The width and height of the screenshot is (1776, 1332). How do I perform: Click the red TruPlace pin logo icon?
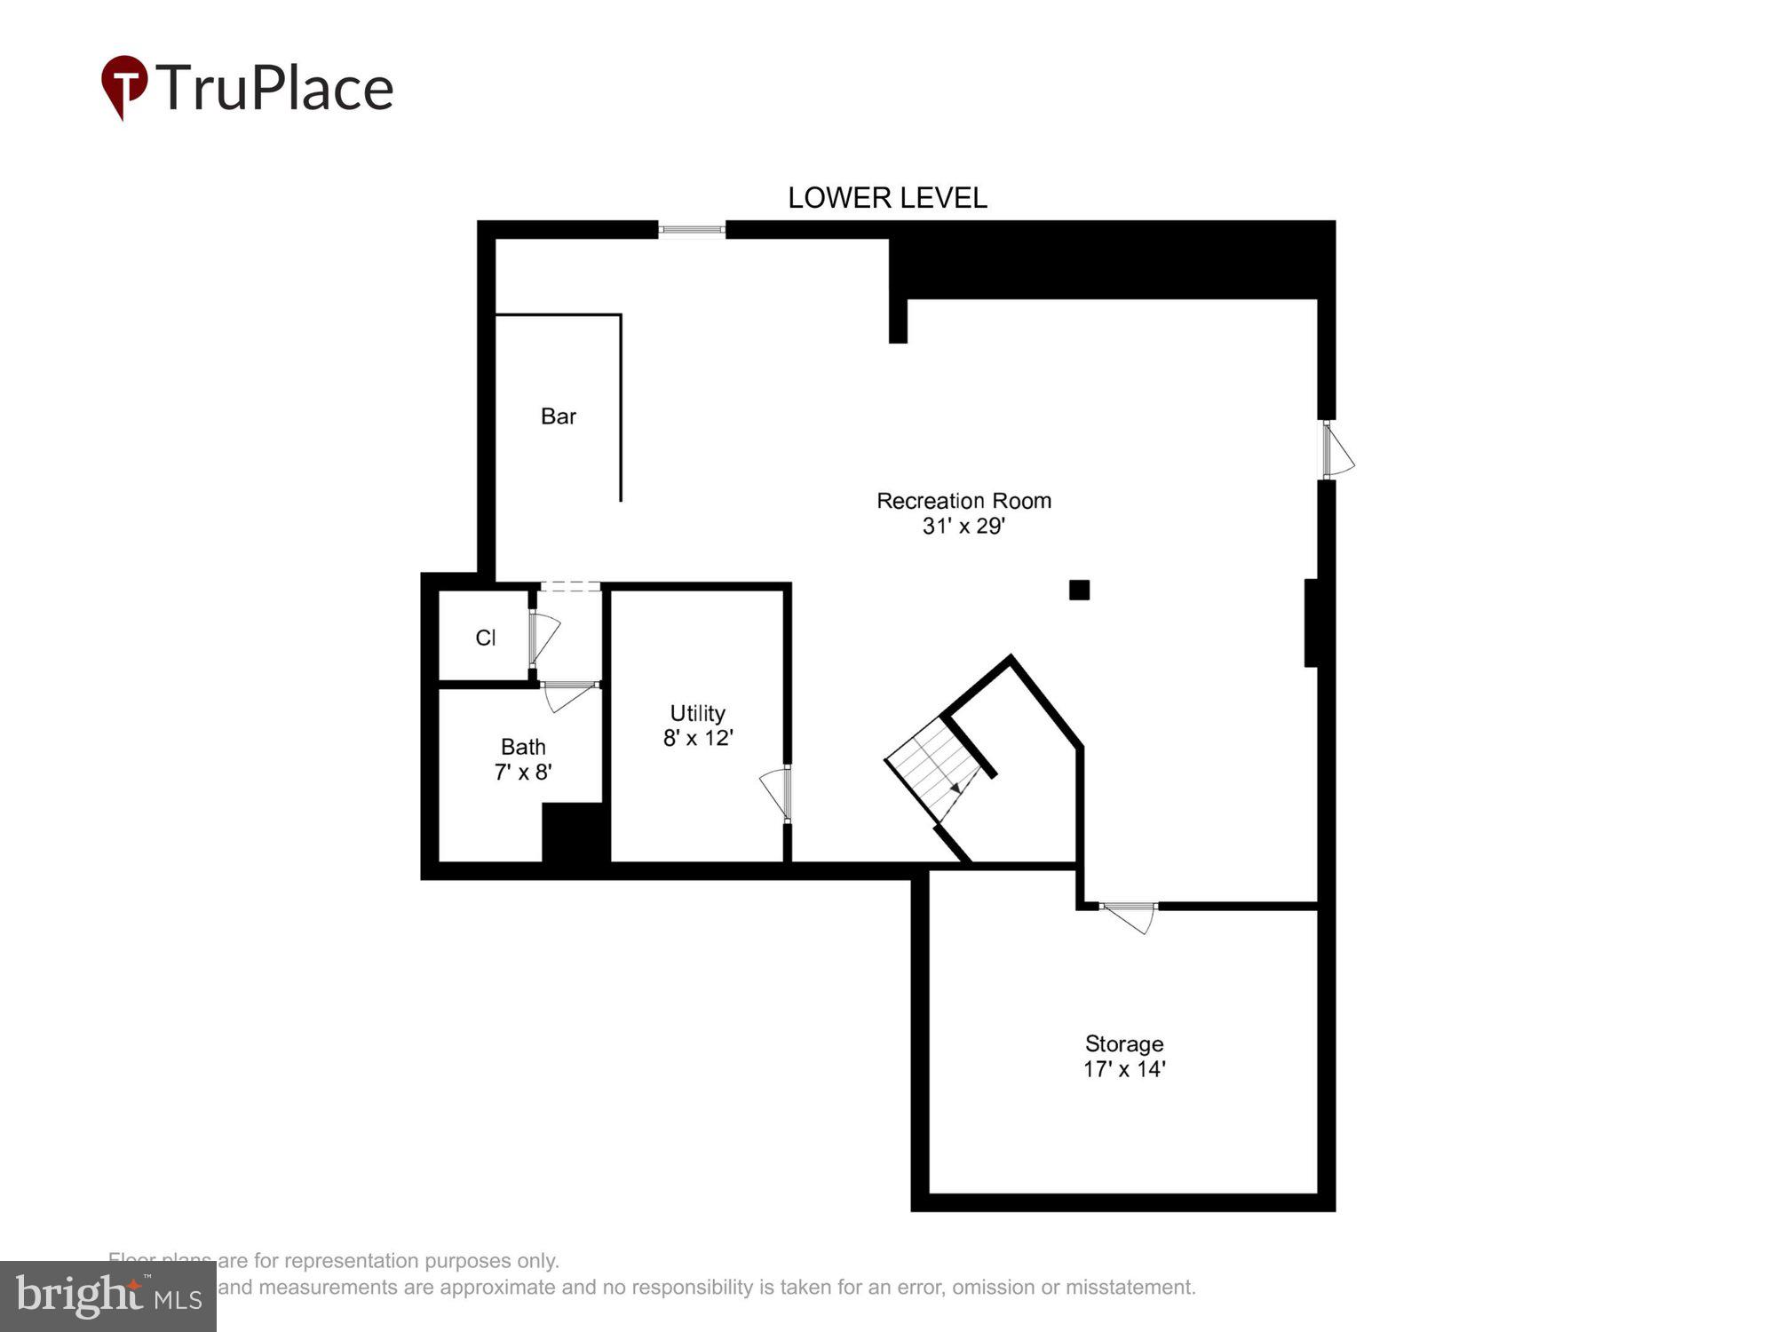[124, 86]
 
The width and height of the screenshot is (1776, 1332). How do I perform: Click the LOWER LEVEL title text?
[887, 198]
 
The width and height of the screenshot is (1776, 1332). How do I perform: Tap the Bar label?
[559, 416]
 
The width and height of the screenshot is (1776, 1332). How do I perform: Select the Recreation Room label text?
[963, 501]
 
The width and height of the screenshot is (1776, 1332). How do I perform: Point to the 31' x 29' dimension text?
[963, 527]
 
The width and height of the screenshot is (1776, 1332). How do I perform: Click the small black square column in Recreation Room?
[1079, 590]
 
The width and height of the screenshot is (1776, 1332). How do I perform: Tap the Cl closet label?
[486, 638]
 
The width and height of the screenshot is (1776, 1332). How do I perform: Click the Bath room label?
[523, 747]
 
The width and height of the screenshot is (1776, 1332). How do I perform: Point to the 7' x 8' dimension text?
[523, 773]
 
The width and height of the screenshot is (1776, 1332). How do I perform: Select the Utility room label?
[697, 713]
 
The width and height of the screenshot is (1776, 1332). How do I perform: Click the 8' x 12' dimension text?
[697, 738]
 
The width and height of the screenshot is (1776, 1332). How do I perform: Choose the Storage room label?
[1123, 1043]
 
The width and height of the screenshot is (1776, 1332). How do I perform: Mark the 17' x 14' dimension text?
[1123, 1069]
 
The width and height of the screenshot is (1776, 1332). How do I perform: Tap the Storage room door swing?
[1131, 917]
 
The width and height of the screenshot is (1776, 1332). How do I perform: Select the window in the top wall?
[692, 231]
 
